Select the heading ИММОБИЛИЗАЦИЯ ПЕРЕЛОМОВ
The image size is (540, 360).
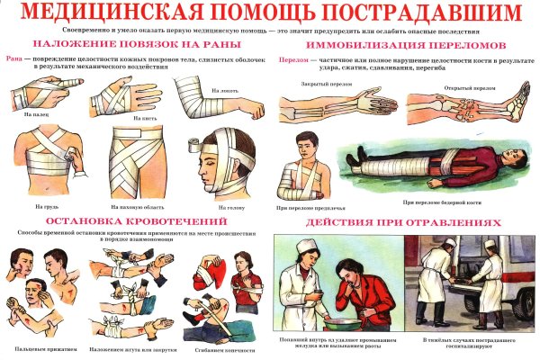tap(404, 45)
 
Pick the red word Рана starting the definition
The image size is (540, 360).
tap(13, 59)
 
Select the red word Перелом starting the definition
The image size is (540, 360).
tap(292, 59)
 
